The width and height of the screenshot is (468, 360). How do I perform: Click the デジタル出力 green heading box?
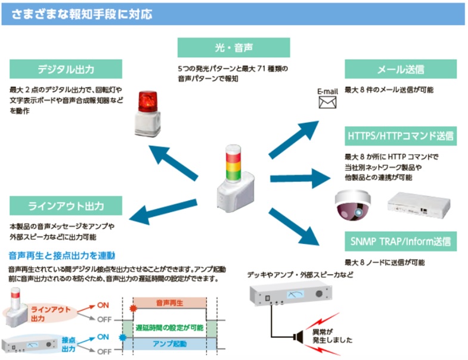click(66, 69)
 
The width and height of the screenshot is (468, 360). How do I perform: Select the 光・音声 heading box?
click(233, 47)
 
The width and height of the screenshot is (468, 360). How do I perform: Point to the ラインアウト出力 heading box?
click(66, 206)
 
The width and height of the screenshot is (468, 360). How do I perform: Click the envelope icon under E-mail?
click(327, 103)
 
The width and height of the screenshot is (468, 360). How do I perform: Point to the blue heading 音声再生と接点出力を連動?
click(62, 255)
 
